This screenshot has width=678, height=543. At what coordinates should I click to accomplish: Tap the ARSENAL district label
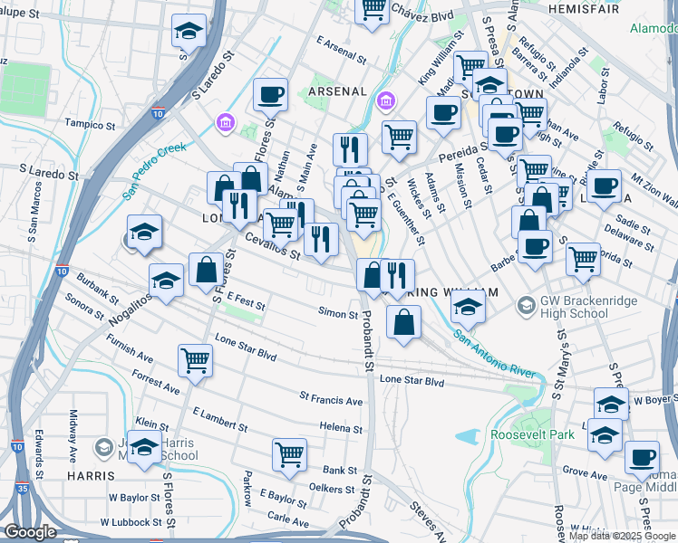point(337,91)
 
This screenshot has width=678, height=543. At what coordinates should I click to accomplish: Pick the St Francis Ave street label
point(331,396)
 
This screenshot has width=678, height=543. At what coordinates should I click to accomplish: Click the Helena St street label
point(341,427)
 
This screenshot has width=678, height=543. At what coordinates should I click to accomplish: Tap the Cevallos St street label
point(272,245)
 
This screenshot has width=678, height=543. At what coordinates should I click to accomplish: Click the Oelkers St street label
point(330,490)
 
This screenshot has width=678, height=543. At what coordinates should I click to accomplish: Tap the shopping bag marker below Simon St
point(403,320)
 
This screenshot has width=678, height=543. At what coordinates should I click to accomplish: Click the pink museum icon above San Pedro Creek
point(224,122)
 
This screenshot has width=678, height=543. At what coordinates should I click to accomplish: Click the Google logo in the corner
point(31,532)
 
